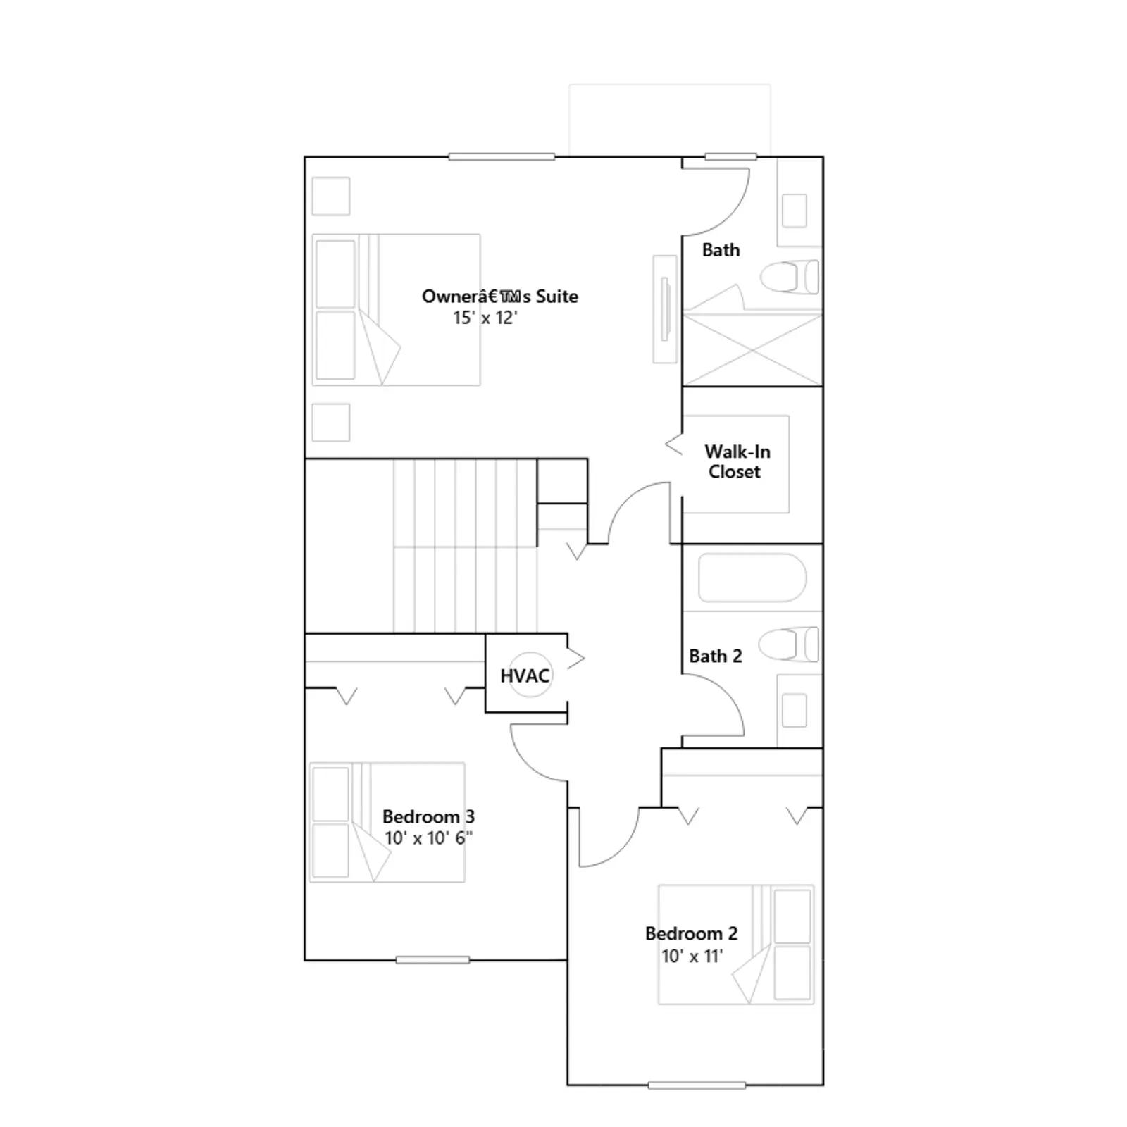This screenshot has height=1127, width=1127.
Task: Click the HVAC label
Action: (525, 676)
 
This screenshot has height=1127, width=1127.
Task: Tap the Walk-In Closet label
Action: (737, 461)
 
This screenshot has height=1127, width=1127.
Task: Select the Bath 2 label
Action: (715, 656)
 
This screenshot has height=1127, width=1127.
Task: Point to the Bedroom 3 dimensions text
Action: (428, 838)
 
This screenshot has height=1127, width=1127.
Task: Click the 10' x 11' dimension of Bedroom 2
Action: (692, 956)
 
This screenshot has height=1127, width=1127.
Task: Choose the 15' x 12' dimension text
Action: (485, 318)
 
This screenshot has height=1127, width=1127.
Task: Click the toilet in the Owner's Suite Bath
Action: (790, 277)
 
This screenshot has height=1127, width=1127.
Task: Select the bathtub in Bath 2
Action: (752, 578)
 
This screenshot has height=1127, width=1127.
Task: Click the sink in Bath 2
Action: (795, 710)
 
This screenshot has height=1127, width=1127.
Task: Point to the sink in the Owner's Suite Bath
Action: (795, 211)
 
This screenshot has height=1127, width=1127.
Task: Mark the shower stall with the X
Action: (752, 350)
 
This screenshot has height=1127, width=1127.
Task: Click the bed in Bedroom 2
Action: (736, 945)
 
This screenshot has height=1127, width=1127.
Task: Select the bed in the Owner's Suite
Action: (396, 310)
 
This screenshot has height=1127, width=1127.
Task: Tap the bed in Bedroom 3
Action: (387, 822)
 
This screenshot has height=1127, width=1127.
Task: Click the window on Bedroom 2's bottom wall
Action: (697, 1085)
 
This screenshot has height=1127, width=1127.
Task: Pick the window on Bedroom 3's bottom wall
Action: (432, 960)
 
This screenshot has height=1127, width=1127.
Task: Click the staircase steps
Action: (465, 546)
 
